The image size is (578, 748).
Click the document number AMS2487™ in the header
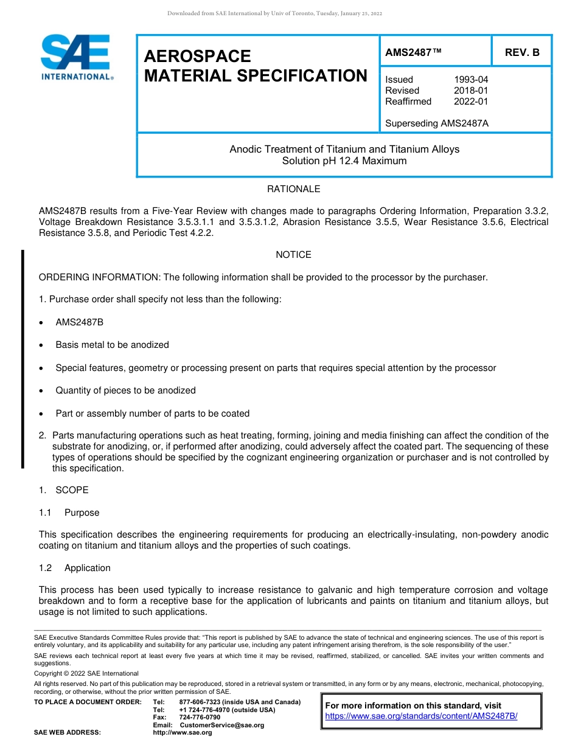[413, 53]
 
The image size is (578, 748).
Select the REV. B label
[521, 53]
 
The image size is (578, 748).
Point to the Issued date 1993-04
[470, 80]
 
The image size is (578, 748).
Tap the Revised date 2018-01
[470, 91]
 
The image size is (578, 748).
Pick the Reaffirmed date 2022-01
[470, 102]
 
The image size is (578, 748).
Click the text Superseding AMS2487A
[436, 123]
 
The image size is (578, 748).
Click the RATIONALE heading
[293, 189]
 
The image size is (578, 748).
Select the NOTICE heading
[293, 255]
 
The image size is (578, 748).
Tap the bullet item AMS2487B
[79, 322]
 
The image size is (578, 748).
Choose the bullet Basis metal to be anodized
[112, 345]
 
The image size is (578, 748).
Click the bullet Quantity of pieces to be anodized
[125, 390]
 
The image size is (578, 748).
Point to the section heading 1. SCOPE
[64, 490]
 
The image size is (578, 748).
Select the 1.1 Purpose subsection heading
[69, 513]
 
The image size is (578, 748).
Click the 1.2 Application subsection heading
[75, 568]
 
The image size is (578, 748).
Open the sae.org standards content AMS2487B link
[421, 716]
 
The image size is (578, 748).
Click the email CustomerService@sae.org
[221, 725]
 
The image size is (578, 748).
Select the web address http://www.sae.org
[182, 733]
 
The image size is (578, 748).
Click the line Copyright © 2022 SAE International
[86, 674]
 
